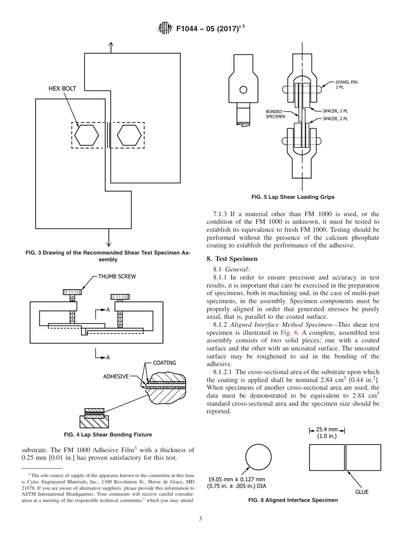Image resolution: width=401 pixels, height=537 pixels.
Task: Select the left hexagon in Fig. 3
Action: pos(87,135)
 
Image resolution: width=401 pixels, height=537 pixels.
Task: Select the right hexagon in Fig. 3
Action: pos(129,135)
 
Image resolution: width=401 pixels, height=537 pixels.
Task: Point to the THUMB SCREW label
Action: pos(117,277)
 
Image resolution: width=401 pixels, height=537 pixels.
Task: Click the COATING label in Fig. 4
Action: pos(164,363)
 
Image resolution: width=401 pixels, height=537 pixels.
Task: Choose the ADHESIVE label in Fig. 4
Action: pos(116,376)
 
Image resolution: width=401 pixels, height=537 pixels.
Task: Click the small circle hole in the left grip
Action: pos(243,89)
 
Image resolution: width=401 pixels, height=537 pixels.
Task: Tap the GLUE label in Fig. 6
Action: pos(361,492)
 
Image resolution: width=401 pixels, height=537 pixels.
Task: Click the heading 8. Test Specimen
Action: pos(232,258)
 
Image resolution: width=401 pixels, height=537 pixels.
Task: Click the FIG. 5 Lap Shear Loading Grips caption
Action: pos(293,197)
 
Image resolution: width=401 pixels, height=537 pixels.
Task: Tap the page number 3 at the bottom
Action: pos(200,518)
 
